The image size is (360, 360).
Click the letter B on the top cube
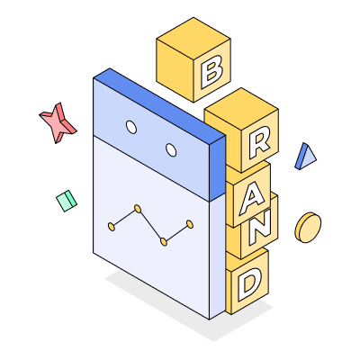(x=211, y=71)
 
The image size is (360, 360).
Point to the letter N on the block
(x=260, y=227)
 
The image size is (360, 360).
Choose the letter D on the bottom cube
(x=249, y=284)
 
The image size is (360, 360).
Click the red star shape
(x=58, y=122)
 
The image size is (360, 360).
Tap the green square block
(x=67, y=201)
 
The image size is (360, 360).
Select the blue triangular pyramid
(x=305, y=157)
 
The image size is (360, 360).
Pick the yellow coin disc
(x=308, y=228)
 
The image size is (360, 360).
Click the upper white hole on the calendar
(x=131, y=127)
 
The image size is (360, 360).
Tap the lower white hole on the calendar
(x=171, y=149)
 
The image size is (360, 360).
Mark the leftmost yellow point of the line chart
(x=112, y=227)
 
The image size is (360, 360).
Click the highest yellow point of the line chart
(x=138, y=209)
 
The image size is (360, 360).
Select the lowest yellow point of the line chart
(x=164, y=241)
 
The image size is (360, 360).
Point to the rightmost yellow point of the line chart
(x=190, y=224)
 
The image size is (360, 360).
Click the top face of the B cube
(x=193, y=39)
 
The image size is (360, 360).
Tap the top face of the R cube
(x=241, y=109)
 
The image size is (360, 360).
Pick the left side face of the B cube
(x=175, y=70)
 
